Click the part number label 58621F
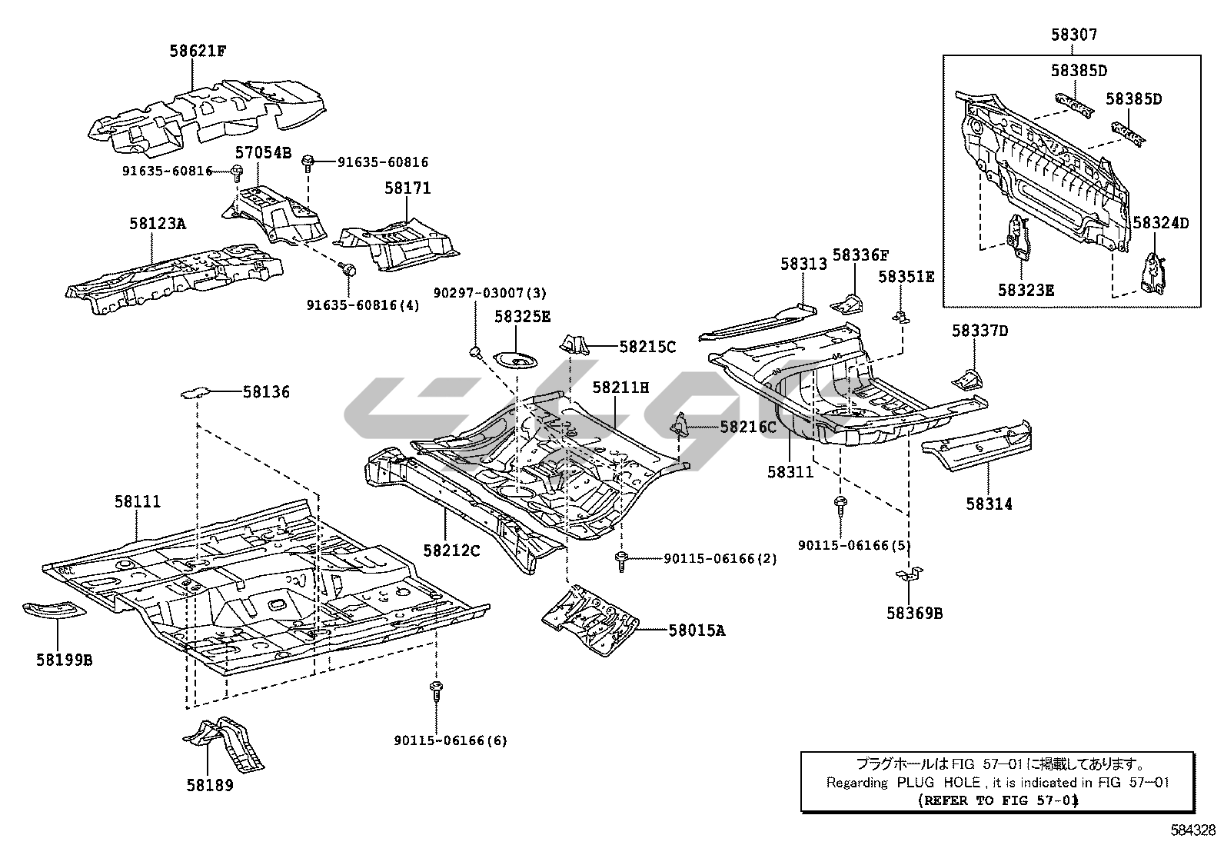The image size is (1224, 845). (198, 52)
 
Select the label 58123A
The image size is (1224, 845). (157, 224)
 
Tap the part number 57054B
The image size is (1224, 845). (263, 153)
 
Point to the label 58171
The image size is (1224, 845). (407, 188)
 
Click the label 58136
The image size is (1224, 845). (266, 392)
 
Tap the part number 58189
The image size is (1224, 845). (210, 785)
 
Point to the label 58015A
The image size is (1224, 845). (697, 630)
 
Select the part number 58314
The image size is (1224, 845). (990, 504)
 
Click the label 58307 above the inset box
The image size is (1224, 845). (1074, 35)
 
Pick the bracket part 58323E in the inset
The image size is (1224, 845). (1018, 238)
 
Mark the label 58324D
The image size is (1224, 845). (1161, 224)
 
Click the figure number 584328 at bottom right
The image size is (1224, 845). (1193, 830)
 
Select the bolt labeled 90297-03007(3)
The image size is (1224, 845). (475, 353)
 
